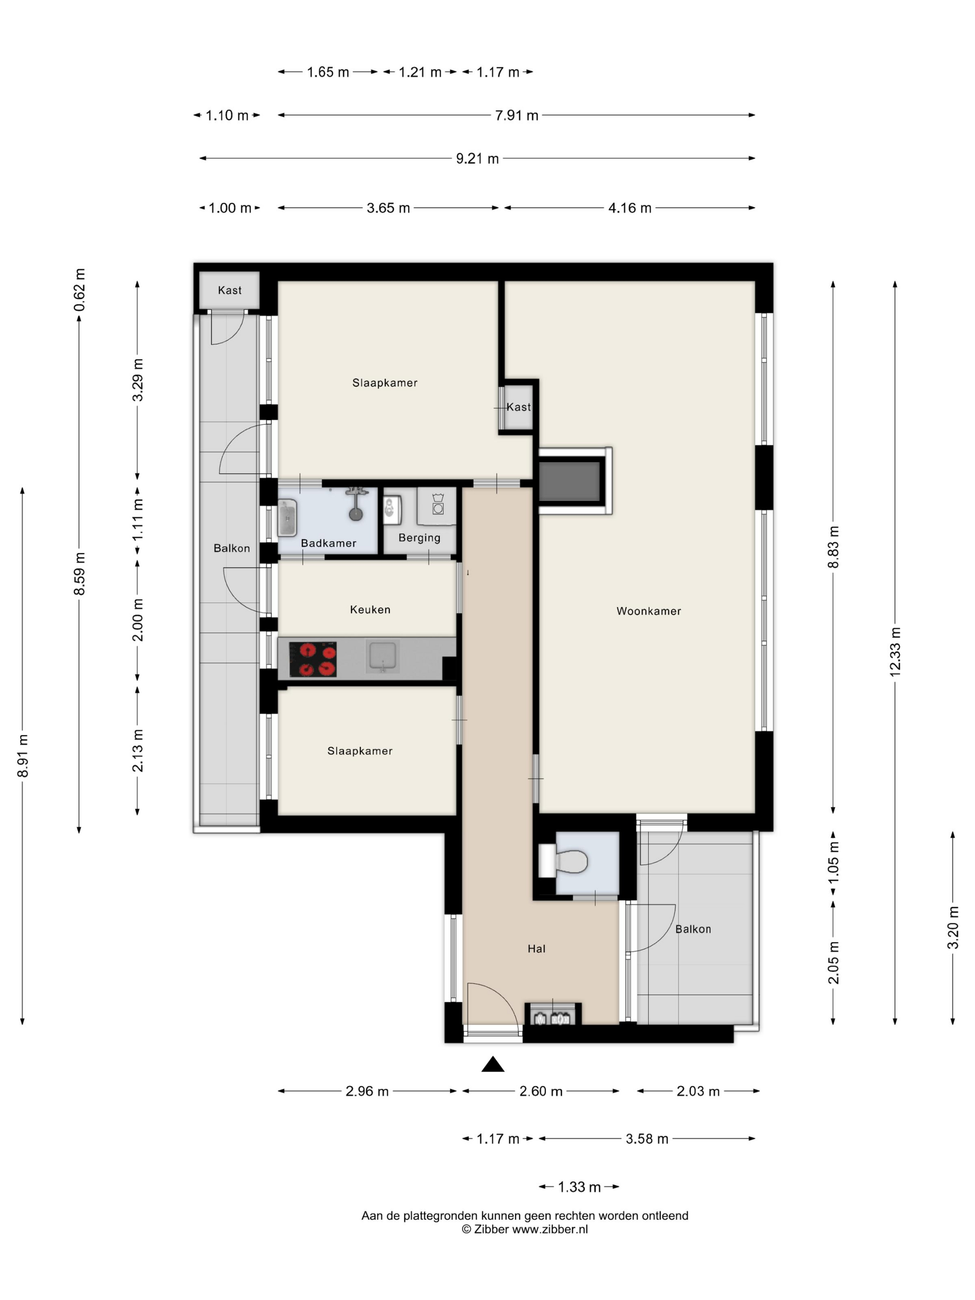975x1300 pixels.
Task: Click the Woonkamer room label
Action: tap(648, 611)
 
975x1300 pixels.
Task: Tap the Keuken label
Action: tap(370, 610)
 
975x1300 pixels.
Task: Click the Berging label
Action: tap(419, 538)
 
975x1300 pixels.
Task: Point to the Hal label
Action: tap(536, 949)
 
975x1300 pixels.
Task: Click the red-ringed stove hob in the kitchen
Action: tap(312, 659)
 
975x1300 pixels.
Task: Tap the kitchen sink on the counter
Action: tap(383, 656)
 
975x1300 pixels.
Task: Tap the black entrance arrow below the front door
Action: tap(493, 1064)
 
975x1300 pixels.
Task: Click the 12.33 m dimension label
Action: tap(895, 652)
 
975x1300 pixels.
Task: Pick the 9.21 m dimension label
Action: tap(477, 159)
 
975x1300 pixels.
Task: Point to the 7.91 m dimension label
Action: tap(517, 115)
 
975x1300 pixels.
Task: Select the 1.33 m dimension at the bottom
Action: tap(579, 1187)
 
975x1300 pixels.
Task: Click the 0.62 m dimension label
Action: tap(79, 290)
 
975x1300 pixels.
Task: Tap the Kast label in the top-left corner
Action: tap(229, 290)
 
